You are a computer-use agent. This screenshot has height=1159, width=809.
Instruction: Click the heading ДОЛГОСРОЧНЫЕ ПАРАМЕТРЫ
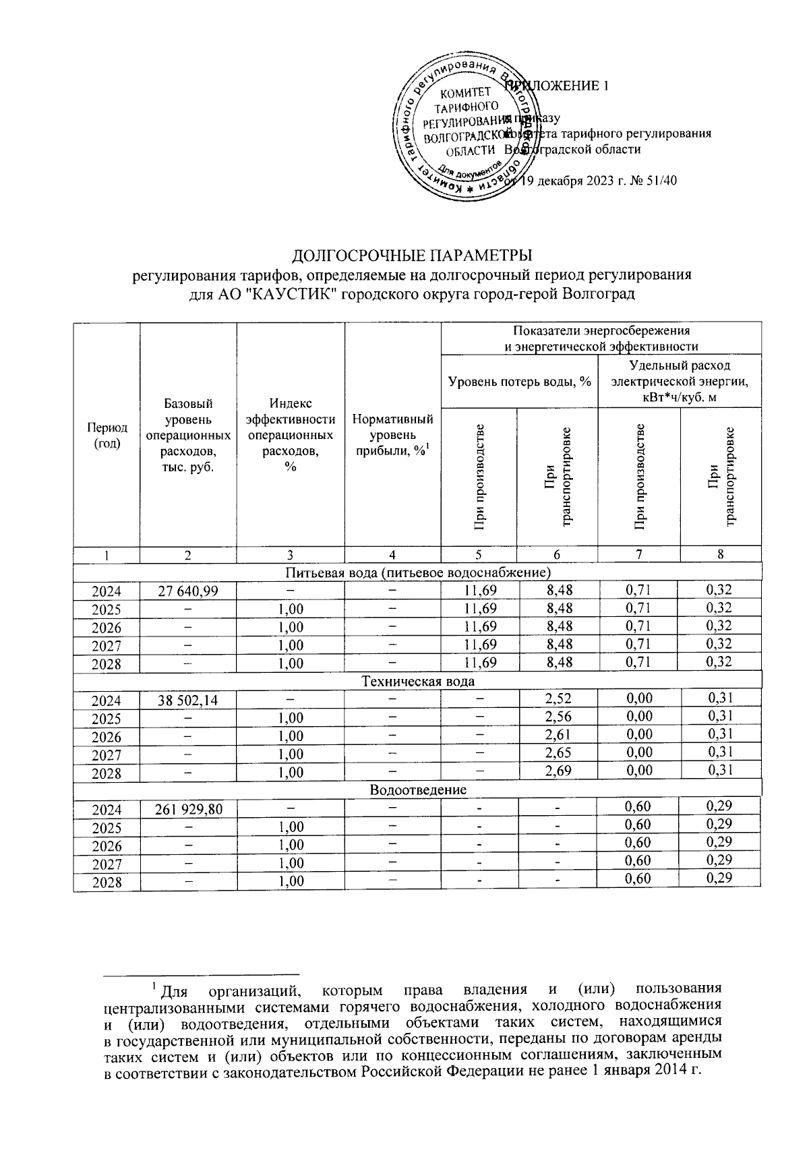click(x=411, y=256)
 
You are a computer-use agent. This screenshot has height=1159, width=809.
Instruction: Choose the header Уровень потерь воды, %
click(x=519, y=382)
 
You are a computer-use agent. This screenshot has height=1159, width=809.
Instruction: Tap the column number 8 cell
click(x=720, y=554)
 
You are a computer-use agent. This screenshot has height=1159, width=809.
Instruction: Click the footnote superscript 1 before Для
click(x=154, y=987)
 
